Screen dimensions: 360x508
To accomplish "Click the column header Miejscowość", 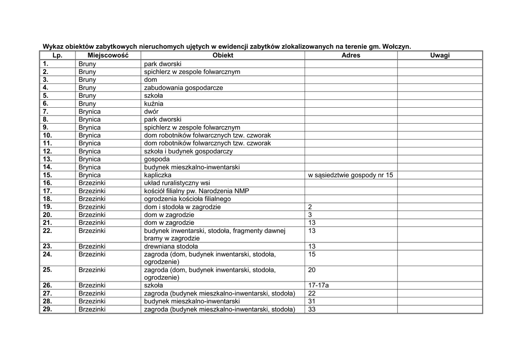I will [108, 55].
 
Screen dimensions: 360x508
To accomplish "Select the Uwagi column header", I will [440, 55].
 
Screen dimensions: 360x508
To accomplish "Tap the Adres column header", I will [351, 55].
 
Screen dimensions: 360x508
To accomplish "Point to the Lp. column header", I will [58, 55].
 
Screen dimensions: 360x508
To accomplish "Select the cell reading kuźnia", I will [153, 104].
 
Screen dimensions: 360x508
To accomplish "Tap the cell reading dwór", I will [151, 112].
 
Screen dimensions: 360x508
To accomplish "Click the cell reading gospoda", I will [157, 159].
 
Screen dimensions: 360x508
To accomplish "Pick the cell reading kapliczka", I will [158, 175].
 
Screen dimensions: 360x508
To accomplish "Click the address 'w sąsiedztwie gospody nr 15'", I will [350, 175].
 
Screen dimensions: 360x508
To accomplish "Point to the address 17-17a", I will [318, 286].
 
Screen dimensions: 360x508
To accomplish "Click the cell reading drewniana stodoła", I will [171, 246].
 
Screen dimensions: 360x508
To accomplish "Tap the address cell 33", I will [312, 309].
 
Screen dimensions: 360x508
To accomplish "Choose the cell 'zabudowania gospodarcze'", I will [183, 88].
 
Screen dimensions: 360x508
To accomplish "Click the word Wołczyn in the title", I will [396, 46].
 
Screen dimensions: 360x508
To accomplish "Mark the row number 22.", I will [47, 230].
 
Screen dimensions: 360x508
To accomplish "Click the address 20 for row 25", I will [312, 270].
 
